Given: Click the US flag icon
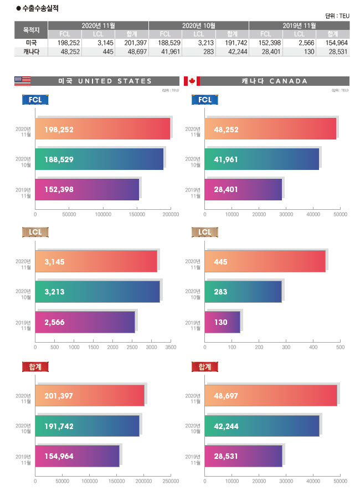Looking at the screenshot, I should [x=22, y=81].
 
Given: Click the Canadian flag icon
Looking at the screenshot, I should [x=192, y=81].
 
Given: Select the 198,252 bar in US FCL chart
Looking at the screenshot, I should [x=102, y=129].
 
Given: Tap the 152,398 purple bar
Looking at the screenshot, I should [x=87, y=189].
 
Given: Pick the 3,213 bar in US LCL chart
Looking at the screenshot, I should [x=97, y=291].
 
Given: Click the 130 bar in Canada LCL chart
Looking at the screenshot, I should [x=222, y=322].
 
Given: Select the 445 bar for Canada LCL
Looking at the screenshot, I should [x=265, y=261].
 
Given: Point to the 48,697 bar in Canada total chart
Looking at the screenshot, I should [x=271, y=396].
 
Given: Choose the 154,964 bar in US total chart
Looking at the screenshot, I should [x=77, y=456].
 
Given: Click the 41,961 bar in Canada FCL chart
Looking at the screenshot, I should [x=262, y=159].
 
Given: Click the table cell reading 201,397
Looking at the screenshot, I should [x=136, y=43].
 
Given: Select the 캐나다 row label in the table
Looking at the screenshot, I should [x=32, y=51].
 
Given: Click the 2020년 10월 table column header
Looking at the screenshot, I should [x=198, y=25].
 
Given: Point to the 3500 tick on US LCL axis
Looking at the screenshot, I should [x=171, y=348].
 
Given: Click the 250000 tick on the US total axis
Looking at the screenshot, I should [x=171, y=482].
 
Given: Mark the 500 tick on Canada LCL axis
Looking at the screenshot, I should [x=340, y=348].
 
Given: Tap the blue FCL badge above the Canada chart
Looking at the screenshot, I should [x=205, y=100].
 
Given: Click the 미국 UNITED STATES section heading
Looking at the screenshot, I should [x=105, y=81].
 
